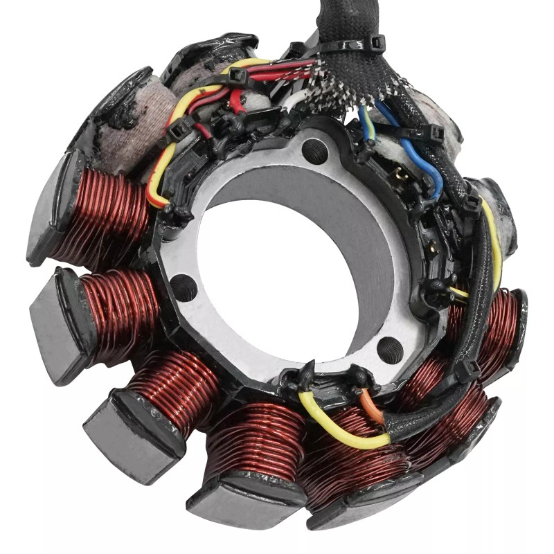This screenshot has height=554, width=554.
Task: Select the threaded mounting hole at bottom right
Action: pos(390,349)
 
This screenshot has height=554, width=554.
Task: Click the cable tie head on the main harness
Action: pos(377,43)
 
